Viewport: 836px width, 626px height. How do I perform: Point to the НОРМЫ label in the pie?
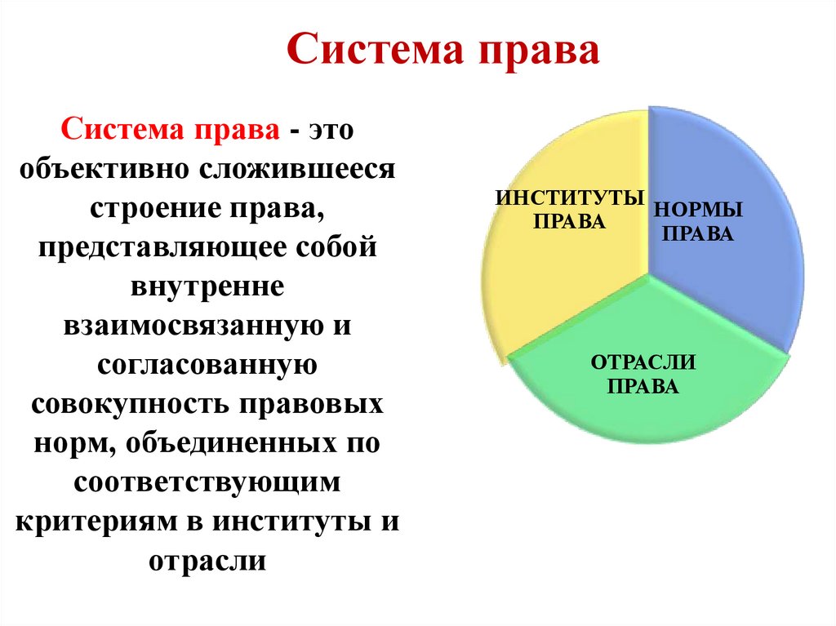pyautogui.click(x=697, y=210)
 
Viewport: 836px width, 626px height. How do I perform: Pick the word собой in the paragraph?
pyautogui.click(x=334, y=248)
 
